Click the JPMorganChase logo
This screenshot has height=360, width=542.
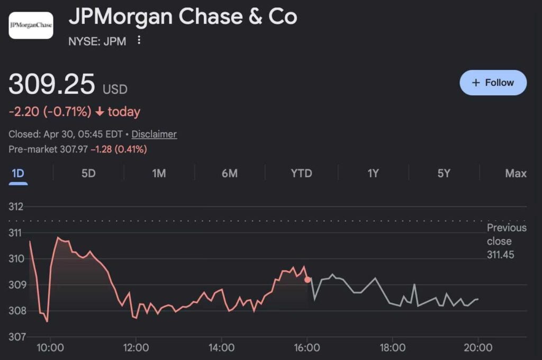pyautogui.click(x=31, y=25)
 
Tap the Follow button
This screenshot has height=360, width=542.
pyautogui.click(x=493, y=83)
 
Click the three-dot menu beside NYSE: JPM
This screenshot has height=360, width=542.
pyautogui.click(x=139, y=40)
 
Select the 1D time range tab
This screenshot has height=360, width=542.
pyautogui.click(x=18, y=173)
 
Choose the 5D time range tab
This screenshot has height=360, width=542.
pyautogui.click(x=88, y=173)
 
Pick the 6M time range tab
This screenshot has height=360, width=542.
pyautogui.click(x=229, y=173)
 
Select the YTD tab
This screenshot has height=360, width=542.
pyautogui.click(x=301, y=173)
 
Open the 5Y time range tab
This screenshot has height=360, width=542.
pyautogui.click(x=444, y=173)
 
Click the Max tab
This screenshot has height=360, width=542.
pyautogui.click(x=516, y=173)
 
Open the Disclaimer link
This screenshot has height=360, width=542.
pyautogui.click(x=154, y=134)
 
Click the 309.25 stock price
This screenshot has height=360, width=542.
pyautogui.click(x=52, y=85)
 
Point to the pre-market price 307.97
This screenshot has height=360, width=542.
pyautogui.click(x=74, y=150)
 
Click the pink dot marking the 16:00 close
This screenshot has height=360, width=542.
pyautogui.click(x=308, y=280)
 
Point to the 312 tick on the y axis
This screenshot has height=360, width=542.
pyautogui.click(x=16, y=206)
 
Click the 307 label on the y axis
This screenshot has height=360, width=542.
pyautogui.click(x=16, y=337)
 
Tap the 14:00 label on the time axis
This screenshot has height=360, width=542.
pyautogui.click(x=221, y=348)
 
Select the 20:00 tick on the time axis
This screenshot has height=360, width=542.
pyautogui.click(x=478, y=348)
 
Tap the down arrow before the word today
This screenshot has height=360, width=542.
pyautogui.click(x=100, y=112)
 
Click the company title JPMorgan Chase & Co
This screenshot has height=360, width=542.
pyautogui.click(x=183, y=17)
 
